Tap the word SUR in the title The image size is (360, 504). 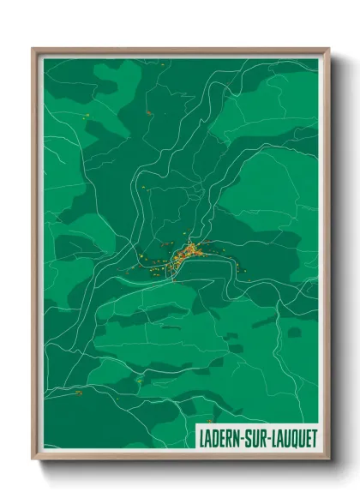(x=254, y=437)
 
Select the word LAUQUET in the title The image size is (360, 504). (x=291, y=437)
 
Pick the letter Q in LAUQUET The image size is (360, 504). (x=291, y=437)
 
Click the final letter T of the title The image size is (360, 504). (x=313, y=437)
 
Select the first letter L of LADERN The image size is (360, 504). (x=201, y=437)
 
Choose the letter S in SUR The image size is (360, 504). (x=247, y=437)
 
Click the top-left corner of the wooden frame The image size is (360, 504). (x=33, y=49)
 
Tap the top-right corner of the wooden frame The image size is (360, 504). (x=328, y=49)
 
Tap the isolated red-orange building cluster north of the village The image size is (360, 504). (x=148, y=112)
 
